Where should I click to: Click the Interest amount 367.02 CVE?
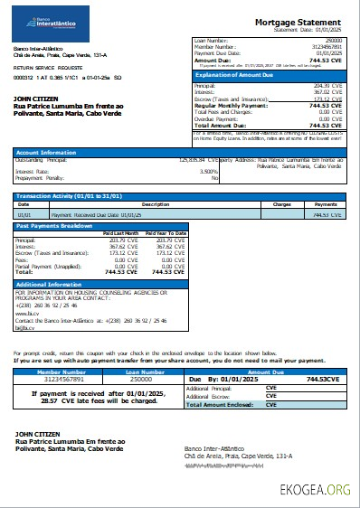coord(327,91)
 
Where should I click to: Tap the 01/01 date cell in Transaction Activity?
coord(26,215)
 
